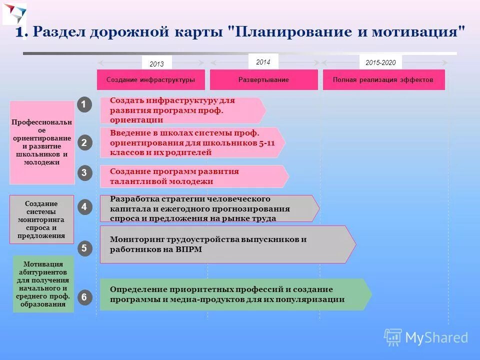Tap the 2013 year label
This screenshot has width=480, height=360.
click(156, 63)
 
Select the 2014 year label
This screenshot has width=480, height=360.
click(263, 62)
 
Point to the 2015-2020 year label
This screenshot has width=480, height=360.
click(380, 62)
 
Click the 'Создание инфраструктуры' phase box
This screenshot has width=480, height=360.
click(150, 80)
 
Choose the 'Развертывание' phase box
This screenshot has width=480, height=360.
click(263, 80)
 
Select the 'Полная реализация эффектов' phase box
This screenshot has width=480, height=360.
click(383, 80)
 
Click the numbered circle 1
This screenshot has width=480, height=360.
click(84, 104)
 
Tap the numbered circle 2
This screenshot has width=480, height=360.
click(84, 142)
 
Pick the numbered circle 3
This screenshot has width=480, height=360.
click(84, 173)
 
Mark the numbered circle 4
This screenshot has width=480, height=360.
click(84, 206)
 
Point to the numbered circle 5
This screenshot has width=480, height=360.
click(84, 248)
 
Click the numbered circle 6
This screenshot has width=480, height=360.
click(84, 297)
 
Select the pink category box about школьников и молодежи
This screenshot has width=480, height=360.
click(42, 142)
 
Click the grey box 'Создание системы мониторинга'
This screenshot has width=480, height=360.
click(42, 219)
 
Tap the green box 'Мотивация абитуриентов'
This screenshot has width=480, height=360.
click(43, 284)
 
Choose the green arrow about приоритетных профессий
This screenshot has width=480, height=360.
click(235, 294)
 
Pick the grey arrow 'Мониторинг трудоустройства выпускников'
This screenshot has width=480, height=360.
click(227, 244)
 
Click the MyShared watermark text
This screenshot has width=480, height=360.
click(436, 337)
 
